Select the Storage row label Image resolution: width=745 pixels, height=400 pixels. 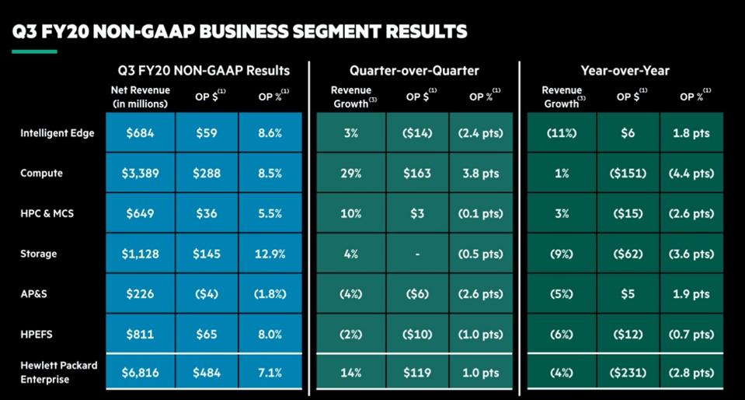point(39,254)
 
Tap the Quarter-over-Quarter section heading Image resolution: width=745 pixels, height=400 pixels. point(414,71)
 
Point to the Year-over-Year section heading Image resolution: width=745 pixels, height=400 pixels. point(625,71)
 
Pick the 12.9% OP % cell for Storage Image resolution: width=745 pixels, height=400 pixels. point(271,254)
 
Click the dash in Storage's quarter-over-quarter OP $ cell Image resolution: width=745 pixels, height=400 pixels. point(417,254)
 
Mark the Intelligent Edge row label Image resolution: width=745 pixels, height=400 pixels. point(57,133)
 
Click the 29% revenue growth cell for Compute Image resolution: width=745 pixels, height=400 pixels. point(350,174)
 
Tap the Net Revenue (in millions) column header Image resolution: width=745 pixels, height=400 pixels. point(141,97)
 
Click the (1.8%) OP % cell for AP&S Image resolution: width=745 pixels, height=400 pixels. point(271,295)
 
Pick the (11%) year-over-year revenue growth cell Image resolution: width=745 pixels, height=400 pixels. point(562,133)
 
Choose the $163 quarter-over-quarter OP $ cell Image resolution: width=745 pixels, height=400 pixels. point(417,174)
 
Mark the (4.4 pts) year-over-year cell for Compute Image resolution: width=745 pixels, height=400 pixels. point(691,174)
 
